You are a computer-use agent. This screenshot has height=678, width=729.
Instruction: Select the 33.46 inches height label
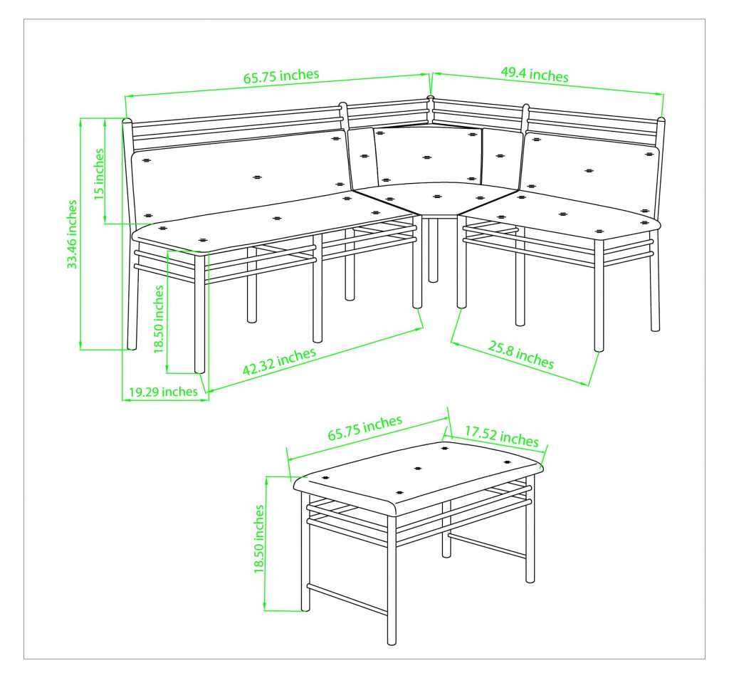tap(72, 234)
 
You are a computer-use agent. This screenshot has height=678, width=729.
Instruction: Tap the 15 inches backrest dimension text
tap(99, 174)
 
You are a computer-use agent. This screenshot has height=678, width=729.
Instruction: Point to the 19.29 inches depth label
tap(163, 392)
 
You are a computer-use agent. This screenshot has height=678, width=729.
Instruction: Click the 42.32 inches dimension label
tap(279, 361)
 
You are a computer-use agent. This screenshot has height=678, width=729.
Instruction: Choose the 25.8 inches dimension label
tap(521, 355)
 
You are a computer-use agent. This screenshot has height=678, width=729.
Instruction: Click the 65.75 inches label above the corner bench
tap(281, 75)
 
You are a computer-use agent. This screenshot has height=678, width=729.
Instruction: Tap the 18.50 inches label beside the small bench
tap(259, 539)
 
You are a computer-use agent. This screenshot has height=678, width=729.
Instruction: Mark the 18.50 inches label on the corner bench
tap(159, 319)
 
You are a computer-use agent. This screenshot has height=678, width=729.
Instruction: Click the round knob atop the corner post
tap(431, 99)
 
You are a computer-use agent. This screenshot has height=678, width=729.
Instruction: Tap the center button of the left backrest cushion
tap(257, 177)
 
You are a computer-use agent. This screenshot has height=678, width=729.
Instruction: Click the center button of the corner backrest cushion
tap(427, 157)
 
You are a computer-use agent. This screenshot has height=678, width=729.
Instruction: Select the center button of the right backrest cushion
tap(589, 171)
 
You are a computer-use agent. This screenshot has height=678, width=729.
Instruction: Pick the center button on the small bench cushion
tap(417, 469)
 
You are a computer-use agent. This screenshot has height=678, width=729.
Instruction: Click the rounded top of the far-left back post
tap(127, 121)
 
